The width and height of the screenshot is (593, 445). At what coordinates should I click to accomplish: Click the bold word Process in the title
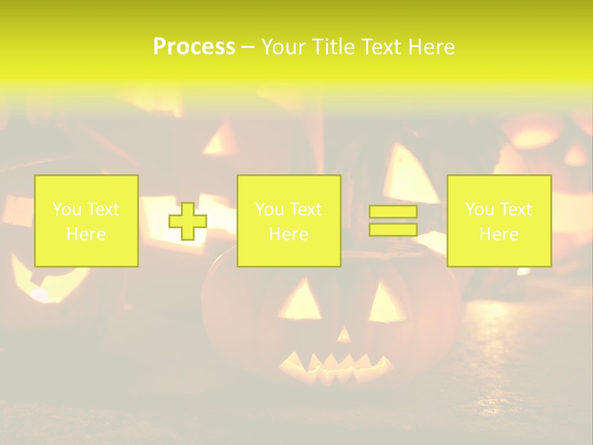194,47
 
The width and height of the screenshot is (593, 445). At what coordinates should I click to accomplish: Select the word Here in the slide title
430,47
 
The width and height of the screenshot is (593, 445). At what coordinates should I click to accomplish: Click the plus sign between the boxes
188,221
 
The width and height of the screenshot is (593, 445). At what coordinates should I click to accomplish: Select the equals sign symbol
393,221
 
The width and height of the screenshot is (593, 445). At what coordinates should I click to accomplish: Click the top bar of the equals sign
393,212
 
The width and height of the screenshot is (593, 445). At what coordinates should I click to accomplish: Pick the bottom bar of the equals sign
393,229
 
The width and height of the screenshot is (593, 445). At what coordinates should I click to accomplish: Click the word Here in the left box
86,234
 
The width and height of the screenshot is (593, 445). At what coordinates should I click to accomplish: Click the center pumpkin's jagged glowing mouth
337,366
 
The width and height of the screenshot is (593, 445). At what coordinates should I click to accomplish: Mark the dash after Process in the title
248,48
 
